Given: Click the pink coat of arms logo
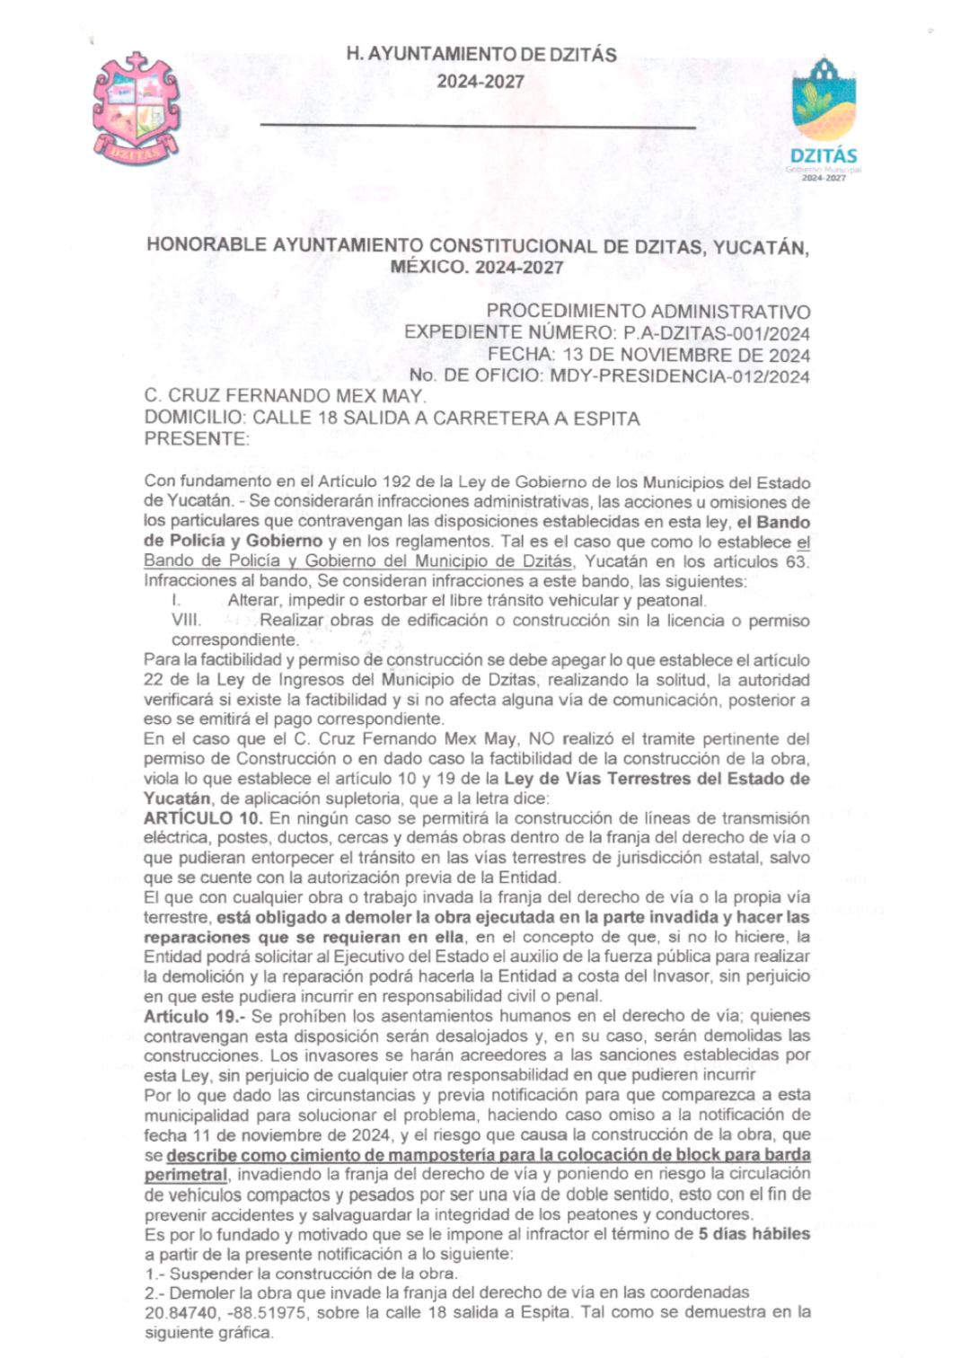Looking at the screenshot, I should tap(136, 109).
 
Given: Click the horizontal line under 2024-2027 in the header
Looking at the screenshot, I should tap(478, 127).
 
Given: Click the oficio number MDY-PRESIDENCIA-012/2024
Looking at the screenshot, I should tap(676, 376).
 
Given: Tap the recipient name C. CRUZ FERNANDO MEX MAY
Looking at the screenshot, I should tap(285, 396).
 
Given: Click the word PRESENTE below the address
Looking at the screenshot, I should tap(195, 439).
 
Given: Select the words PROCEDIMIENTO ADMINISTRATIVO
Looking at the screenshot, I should tap(648, 312).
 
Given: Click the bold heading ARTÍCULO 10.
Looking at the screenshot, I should tap(203, 818).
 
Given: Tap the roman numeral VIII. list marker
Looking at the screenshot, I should tap(186, 621).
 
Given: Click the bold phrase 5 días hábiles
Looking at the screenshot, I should tap(754, 1233).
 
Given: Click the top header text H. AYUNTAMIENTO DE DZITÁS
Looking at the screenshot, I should tap(481, 55).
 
